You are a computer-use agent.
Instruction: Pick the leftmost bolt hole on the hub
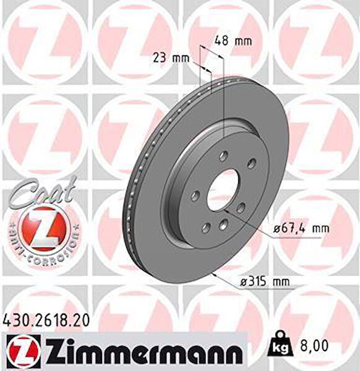[x=195, y=195]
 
